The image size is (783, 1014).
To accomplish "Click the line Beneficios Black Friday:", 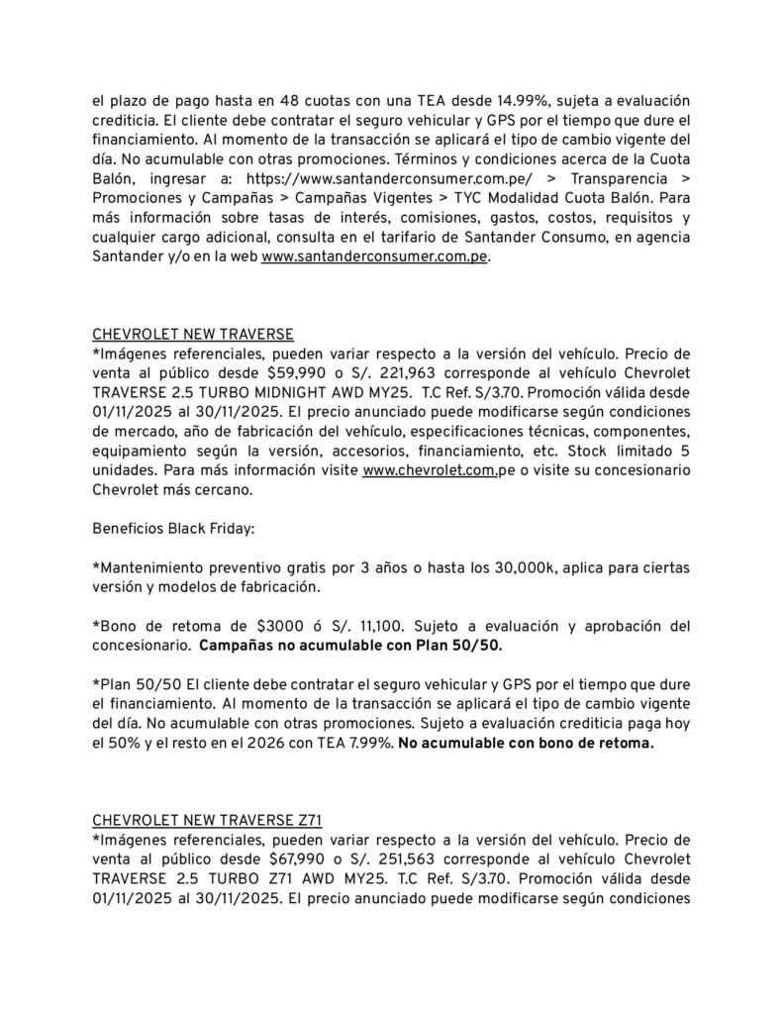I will click(x=173, y=530).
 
